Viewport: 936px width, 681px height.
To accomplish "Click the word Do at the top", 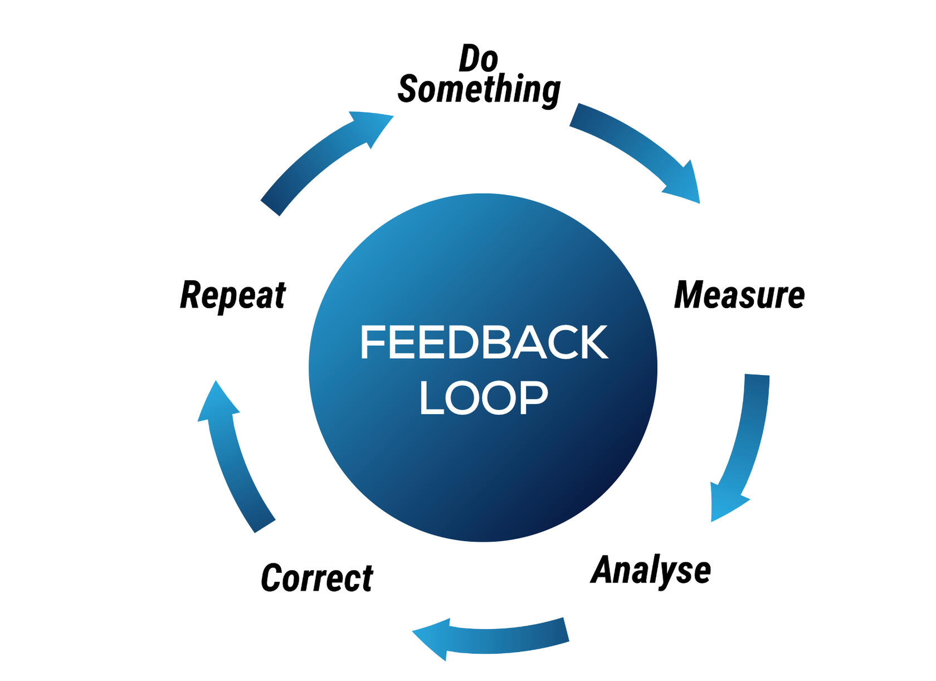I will click(478, 58).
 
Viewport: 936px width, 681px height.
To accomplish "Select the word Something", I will click(479, 89).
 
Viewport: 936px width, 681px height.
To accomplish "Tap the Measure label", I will click(739, 295).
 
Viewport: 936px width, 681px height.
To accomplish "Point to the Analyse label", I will click(651, 570).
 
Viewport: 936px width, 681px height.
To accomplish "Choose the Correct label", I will click(316, 578).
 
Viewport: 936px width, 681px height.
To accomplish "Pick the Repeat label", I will click(233, 295).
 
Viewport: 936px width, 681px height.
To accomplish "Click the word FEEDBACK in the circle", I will click(484, 342).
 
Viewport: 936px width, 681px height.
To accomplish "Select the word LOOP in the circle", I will click(484, 398).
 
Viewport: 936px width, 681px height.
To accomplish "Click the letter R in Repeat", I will click(191, 295).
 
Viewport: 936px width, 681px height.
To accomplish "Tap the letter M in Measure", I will click(689, 295).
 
